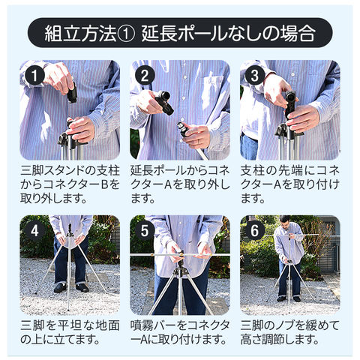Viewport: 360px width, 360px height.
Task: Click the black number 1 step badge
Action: pos(34,76)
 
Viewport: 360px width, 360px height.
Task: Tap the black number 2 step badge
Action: pos(145,76)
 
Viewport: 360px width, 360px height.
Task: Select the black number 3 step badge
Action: pos(255,76)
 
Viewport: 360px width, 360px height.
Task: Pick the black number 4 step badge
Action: pos(34,230)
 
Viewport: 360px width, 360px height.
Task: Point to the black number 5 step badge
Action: pos(145,230)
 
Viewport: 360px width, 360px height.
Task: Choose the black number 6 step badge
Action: pos(255,230)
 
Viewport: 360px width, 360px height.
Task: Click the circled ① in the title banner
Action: pos(126,34)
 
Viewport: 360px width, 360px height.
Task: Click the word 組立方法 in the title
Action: pos(80,34)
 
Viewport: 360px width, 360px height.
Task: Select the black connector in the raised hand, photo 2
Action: pos(164,102)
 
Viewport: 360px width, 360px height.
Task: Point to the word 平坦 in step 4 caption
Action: pos(70,325)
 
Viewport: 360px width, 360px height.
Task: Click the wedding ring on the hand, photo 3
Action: pos(308,124)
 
